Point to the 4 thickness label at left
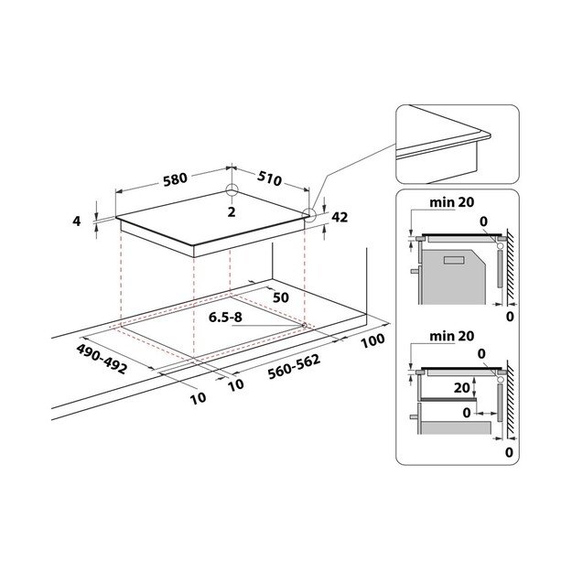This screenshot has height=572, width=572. click(78, 221)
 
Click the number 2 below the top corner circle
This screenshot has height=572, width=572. click(232, 212)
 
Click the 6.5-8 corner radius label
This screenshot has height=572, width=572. click(228, 318)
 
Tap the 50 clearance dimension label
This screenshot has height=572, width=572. click(281, 297)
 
